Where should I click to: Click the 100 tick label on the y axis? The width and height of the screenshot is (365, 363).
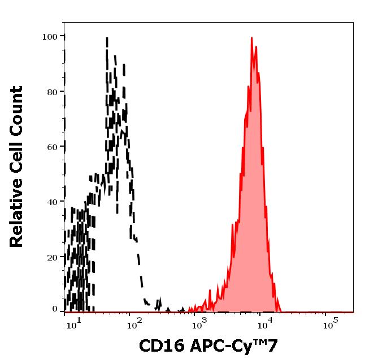(50, 37)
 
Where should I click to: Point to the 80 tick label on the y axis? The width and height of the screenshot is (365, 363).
(52, 92)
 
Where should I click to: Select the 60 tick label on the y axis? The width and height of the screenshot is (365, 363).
(52, 147)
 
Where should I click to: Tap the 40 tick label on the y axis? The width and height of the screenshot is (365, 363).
(52, 202)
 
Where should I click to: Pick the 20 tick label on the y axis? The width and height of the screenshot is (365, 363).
(52, 257)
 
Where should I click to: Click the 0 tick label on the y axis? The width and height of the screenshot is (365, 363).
(55, 310)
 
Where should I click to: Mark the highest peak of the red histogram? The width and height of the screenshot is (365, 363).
(251, 39)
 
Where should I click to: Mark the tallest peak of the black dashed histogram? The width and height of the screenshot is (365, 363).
(107, 38)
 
